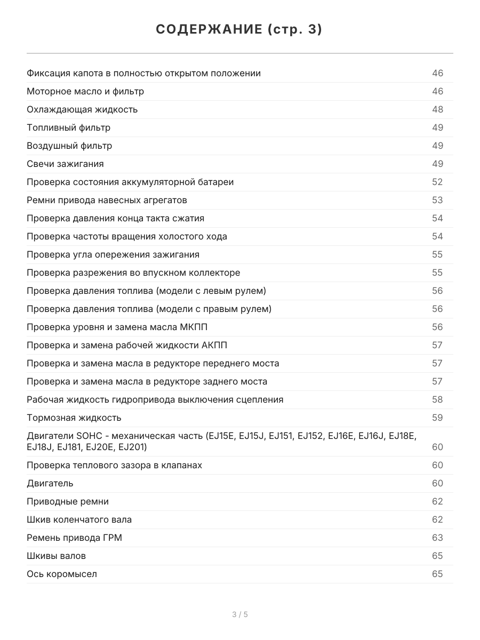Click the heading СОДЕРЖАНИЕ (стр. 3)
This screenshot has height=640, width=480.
[x=239, y=30]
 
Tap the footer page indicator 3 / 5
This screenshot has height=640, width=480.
[x=240, y=614]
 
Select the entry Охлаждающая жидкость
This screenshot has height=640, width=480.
[x=82, y=109]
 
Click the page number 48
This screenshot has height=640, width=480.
[x=437, y=109]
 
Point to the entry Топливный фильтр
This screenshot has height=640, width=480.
[x=69, y=127]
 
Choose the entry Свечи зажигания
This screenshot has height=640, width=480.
[x=65, y=164]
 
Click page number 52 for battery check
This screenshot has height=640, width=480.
[x=437, y=182]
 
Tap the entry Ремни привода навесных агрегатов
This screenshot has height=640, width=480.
[x=107, y=200]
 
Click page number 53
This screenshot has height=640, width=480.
[x=437, y=200]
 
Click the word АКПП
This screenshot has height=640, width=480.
[x=214, y=345]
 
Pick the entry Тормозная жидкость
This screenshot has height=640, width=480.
[x=74, y=418]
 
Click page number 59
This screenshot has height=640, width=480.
[x=437, y=418]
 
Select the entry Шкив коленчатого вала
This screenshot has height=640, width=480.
[x=79, y=519]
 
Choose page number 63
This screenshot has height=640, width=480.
[x=437, y=538]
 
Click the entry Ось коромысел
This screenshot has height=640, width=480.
[x=62, y=574]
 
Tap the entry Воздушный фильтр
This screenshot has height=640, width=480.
[x=69, y=146]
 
